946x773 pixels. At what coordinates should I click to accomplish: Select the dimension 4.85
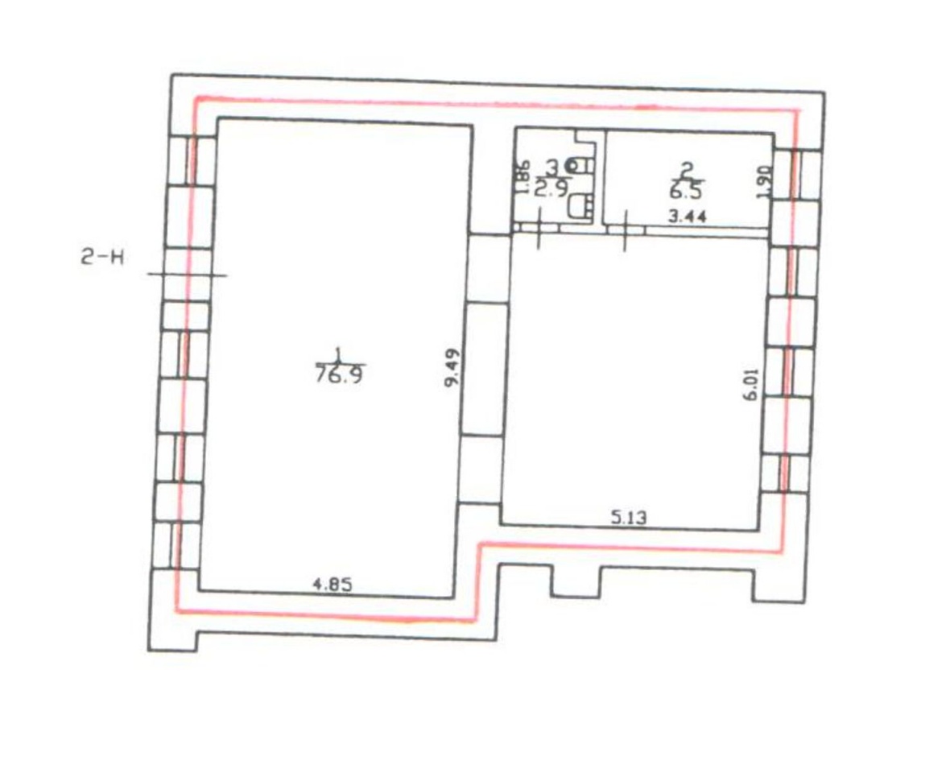pyautogui.click(x=332, y=584)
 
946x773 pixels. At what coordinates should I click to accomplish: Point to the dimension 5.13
pyautogui.click(x=628, y=517)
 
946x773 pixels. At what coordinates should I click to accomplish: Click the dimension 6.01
pyautogui.click(x=751, y=384)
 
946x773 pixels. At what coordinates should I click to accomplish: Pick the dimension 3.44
pyautogui.click(x=688, y=216)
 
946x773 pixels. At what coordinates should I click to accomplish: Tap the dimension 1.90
pyautogui.click(x=764, y=180)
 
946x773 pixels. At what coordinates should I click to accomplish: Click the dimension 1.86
pyautogui.click(x=523, y=177)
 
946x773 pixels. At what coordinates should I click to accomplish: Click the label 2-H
pyautogui.click(x=102, y=258)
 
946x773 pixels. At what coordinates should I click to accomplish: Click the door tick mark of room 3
pyautogui.click(x=539, y=228)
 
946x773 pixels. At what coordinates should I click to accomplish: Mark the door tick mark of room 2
pyautogui.click(x=625, y=230)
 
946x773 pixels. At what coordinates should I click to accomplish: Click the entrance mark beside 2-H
pyautogui.click(x=188, y=275)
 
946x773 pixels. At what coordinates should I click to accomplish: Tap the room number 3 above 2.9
pyautogui.click(x=551, y=167)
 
